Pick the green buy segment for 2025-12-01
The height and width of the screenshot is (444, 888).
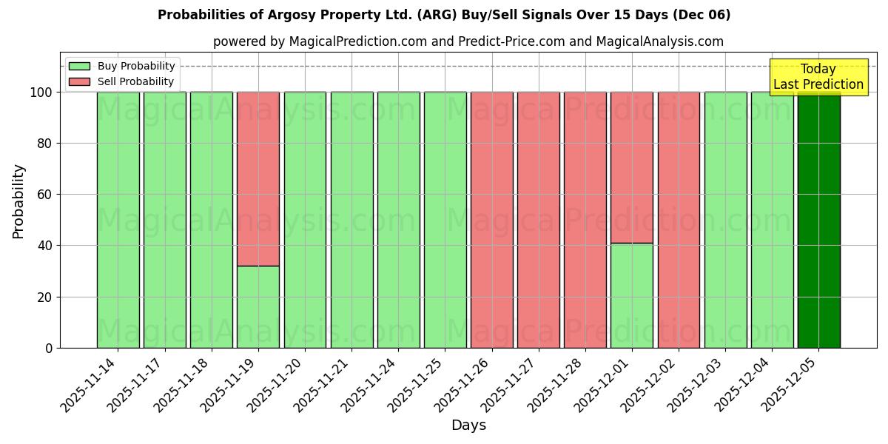(x=632, y=295)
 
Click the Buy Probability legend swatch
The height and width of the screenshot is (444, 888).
(x=79, y=67)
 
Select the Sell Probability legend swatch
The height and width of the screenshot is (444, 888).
(x=79, y=82)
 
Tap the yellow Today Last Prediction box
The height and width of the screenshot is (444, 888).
(x=818, y=77)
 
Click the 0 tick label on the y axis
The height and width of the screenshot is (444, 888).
(x=49, y=348)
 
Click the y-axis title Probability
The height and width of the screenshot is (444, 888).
(x=18, y=201)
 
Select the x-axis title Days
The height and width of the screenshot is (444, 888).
(x=468, y=425)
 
